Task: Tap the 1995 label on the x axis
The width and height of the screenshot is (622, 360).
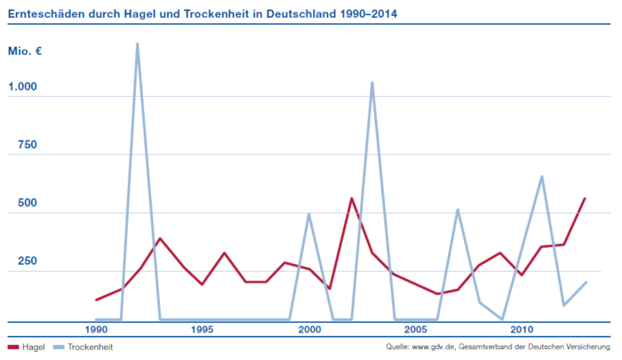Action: coord(202,329)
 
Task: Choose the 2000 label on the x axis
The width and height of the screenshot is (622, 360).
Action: coord(308,329)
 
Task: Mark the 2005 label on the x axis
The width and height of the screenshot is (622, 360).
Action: coord(416,329)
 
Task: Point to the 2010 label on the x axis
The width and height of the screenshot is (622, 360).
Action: coord(522,329)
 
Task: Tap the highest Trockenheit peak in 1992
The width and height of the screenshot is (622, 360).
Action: coord(138,44)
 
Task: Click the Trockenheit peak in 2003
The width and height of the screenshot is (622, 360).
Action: coord(372,83)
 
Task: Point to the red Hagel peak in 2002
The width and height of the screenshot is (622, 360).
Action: coord(351,198)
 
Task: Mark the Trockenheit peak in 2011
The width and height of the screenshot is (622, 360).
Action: coord(542,176)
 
